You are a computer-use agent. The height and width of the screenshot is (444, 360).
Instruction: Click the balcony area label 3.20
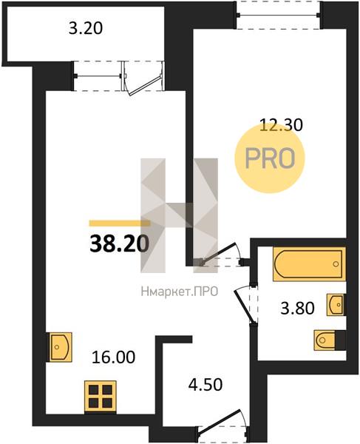(86, 29)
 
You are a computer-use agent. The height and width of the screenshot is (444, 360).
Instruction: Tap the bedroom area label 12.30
(281, 125)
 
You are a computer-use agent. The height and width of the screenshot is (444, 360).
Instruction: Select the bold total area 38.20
(119, 244)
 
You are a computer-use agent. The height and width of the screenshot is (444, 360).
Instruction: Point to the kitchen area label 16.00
(113, 357)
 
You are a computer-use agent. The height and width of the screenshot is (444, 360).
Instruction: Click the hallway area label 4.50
(206, 385)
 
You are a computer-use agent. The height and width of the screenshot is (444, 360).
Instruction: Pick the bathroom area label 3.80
(297, 308)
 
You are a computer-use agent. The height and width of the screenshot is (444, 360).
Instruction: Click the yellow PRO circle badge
(270, 158)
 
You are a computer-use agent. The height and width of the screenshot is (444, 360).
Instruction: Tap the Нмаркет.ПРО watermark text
(180, 292)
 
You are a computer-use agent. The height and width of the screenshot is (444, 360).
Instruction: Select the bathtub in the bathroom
(310, 264)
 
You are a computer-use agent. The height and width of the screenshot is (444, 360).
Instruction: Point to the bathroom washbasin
(336, 305)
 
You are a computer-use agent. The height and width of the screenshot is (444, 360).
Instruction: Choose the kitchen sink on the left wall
(59, 347)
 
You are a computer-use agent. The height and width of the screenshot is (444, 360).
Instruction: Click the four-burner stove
(101, 396)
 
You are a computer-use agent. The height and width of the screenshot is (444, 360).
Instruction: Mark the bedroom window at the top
(279, 16)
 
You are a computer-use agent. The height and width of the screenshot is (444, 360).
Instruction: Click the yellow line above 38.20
(119, 223)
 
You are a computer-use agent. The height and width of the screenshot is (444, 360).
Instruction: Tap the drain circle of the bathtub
(336, 264)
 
